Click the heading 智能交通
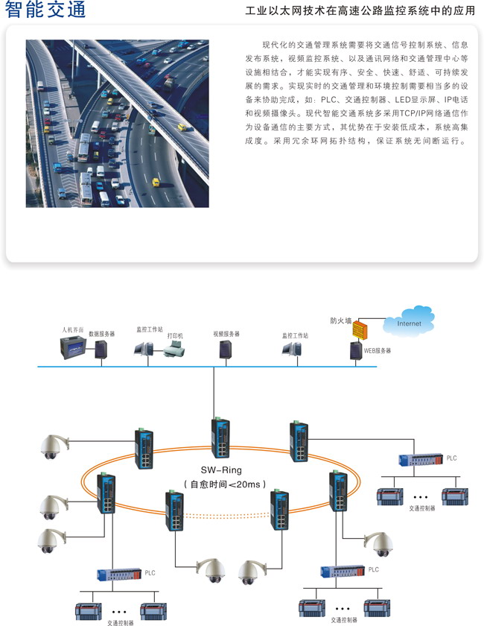click(45, 10)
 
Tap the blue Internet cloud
click(408, 323)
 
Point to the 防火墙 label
click(341, 320)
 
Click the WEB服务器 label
click(377, 350)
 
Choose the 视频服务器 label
click(226, 334)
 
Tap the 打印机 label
click(175, 336)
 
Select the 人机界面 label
click(73, 328)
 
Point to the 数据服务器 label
click(102, 335)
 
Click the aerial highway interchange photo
click(117, 123)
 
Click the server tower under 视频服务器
click(224, 350)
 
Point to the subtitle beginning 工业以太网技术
click(360, 11)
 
